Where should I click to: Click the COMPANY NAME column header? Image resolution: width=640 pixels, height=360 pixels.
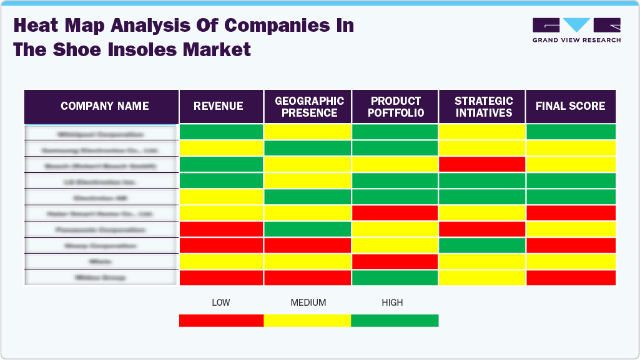coord(104,106)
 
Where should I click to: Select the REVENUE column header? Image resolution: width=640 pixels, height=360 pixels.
coord(219,106)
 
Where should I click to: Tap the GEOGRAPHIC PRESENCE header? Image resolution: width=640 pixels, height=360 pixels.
coord(309,107)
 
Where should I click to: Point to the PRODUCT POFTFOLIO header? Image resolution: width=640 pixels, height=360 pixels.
coord(396,107)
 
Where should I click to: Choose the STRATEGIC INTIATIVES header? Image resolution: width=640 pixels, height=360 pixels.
coord(483,107)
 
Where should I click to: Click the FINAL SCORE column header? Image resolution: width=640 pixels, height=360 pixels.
coord(570,106)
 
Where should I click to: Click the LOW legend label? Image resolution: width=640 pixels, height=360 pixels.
coord(220,303)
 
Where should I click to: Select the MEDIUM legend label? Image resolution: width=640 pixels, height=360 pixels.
coord(308,303)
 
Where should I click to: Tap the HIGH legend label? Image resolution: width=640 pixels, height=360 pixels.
coord(392,303)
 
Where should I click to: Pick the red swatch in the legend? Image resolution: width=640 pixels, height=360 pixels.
coord(221,320)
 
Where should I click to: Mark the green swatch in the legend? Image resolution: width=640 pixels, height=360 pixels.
coord(395,320)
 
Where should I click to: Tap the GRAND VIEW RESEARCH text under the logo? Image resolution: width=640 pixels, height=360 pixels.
coord(576,40)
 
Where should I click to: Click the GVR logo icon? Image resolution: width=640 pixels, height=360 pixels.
coord(576,25)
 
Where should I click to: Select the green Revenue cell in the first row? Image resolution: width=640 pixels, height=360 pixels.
coord(221,132)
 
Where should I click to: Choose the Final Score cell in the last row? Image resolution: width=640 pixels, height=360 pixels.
coord(571,278)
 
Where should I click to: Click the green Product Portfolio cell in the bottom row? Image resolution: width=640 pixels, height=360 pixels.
coord(395,278)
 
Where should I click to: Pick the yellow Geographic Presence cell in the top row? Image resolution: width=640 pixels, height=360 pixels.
coord(308,132)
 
